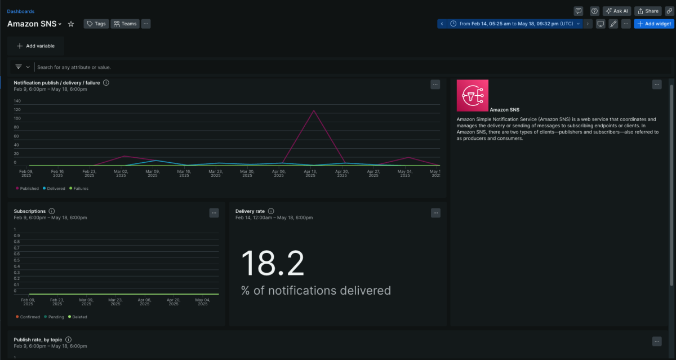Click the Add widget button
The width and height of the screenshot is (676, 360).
pos(653,24)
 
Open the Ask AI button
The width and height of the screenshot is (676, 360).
pos(616,11)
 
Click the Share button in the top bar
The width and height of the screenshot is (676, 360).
pos(648,11)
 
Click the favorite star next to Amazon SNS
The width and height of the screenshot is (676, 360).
pos(71,24)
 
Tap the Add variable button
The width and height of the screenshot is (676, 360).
pos(35,46)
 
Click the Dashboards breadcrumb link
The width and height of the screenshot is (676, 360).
pos(20,11)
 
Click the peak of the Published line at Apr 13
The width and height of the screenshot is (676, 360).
pos(313,110)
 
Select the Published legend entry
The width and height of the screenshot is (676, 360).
pos(28,188)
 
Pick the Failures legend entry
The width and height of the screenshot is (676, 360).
pos(78,188)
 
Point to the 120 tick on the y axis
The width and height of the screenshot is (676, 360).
pos(17,109)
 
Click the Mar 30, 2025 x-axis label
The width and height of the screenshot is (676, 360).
pos(247,174)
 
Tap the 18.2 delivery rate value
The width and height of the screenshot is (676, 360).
pos(273,263)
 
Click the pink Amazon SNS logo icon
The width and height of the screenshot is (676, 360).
pos(472,95)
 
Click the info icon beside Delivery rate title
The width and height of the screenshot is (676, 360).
pos(271,211)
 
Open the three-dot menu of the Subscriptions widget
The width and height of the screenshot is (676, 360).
pos(214,212)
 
